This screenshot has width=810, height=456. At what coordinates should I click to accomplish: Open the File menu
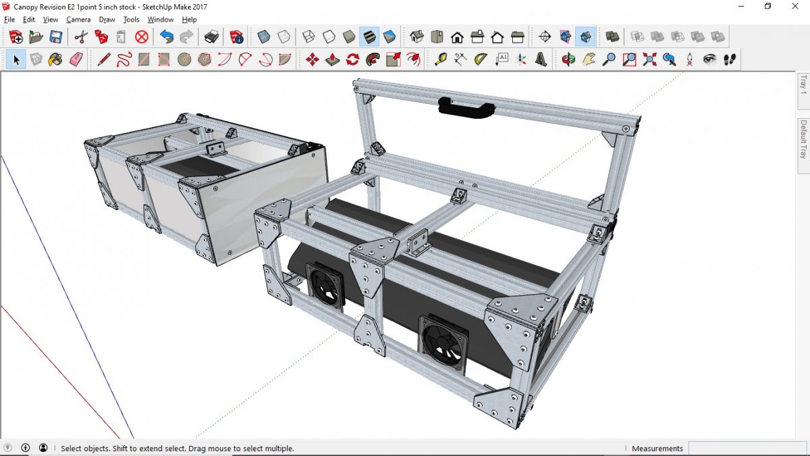click(x=9, y=20)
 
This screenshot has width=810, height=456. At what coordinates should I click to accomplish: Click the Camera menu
click(x=78, y=20)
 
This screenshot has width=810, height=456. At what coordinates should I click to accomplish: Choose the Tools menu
click(x=131, y=20)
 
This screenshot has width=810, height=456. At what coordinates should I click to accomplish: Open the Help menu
click(x=189, y=20)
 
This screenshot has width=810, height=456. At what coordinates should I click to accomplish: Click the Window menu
click(x=160, y=20)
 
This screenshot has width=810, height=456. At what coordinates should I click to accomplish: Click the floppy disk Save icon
click(x=55, y=37)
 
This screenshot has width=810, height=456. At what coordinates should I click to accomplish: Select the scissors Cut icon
click(x=81, y=37)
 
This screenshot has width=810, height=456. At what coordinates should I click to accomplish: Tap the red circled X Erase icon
click(x=141, y=37)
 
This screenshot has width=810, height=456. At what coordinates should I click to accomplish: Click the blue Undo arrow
click(x=166, y=37)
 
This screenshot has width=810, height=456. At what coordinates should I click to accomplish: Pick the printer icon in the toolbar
click(x=211, y=37)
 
